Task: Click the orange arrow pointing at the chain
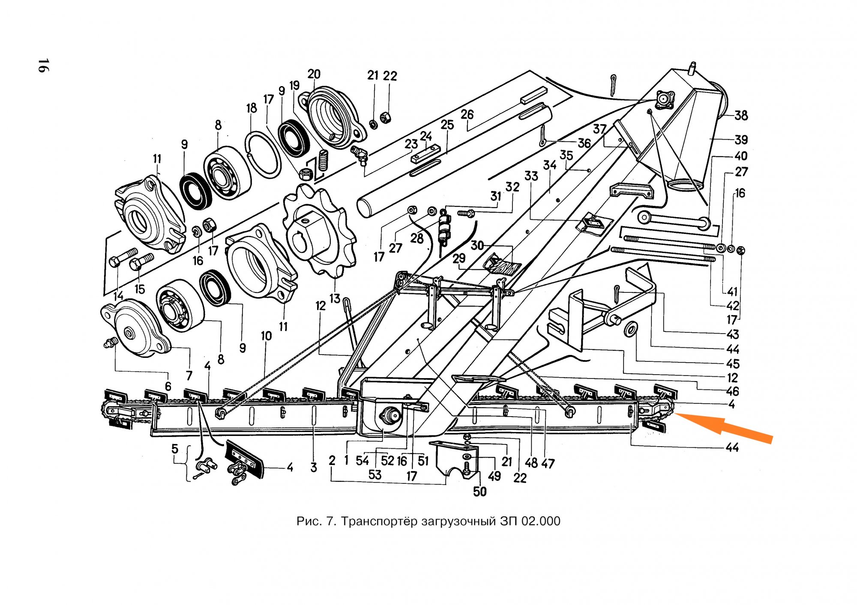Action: [724, 428]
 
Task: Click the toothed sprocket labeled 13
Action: [319, 230]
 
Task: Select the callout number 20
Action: [314, 74]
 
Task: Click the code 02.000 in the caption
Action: [540, 521]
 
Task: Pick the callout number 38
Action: [741, 115]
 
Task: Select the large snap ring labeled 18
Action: [263, 154]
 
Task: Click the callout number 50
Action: [479, 492]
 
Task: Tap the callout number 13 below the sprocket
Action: [335, 298]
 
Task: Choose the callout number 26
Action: [467, 114]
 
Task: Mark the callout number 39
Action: [741, 140]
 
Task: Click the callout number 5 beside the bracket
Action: [175, 449]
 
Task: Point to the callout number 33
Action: [531, 176]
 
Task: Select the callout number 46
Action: [732, 391]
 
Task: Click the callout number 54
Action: [362, 461]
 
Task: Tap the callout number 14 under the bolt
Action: [118, 296]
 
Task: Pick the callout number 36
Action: [584, 143]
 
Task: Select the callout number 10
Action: [266, 336]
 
